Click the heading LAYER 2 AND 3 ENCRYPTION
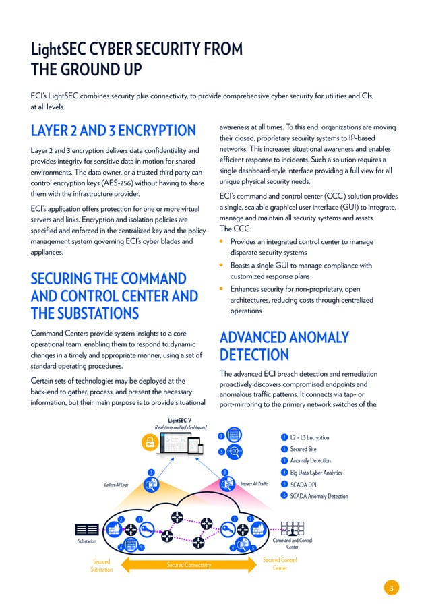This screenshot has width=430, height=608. [x=113, y=129]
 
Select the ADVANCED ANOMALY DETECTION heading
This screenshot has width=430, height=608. [x=284, y=346]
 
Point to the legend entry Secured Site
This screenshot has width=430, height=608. [x=303, y=449]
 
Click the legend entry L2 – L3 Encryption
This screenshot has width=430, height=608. [x=309, y=437]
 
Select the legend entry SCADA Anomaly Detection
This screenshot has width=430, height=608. [x=319, y=496]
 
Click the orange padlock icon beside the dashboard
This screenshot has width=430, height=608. [x=149, y=442]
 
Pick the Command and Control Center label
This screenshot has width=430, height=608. [x=292, y=543]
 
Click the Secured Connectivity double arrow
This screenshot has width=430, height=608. [x=189, y=564]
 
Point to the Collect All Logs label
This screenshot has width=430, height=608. [x=115, y=484]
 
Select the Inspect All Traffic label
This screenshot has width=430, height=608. [x=253, y=484]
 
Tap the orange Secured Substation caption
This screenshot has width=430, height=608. [x=101, y=565]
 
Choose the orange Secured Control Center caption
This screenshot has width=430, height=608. [x=280, y=564]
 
